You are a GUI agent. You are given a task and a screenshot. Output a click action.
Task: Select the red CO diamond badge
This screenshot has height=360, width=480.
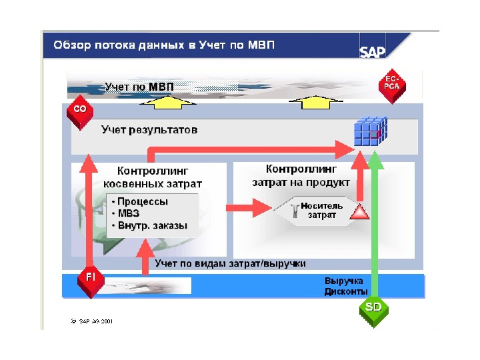point(79,109)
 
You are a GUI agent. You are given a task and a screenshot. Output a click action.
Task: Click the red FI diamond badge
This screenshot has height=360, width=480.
point(89,276)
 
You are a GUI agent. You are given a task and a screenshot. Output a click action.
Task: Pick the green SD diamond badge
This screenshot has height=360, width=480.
point(373,309)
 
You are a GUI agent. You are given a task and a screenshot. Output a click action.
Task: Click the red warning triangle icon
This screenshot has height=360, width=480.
point(359,213)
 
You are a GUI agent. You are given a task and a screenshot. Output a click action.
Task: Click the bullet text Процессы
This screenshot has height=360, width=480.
point(143,201)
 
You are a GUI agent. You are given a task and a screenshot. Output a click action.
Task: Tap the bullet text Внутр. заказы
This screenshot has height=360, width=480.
point(152,225)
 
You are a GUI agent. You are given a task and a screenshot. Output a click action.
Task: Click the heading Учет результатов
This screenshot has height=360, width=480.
point(149,130)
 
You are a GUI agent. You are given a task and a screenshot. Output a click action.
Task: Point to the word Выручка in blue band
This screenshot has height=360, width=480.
point(343,281)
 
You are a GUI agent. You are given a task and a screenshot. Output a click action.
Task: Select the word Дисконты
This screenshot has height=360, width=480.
point(345,291)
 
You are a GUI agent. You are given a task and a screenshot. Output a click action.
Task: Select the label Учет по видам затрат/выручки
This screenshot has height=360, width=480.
point(230,263)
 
